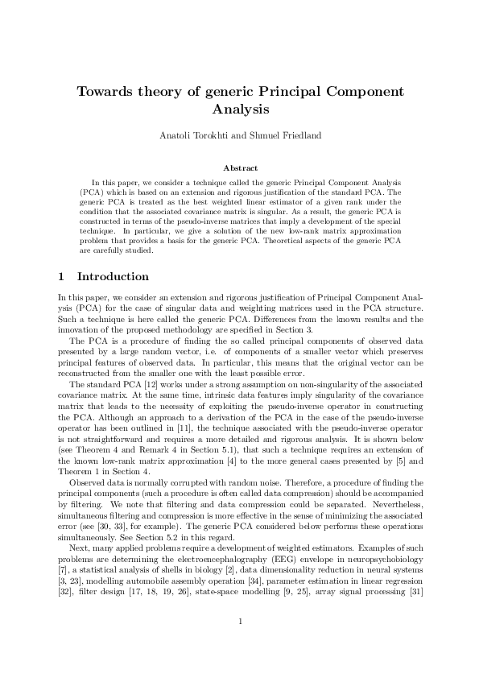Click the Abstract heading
click(239, 168)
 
